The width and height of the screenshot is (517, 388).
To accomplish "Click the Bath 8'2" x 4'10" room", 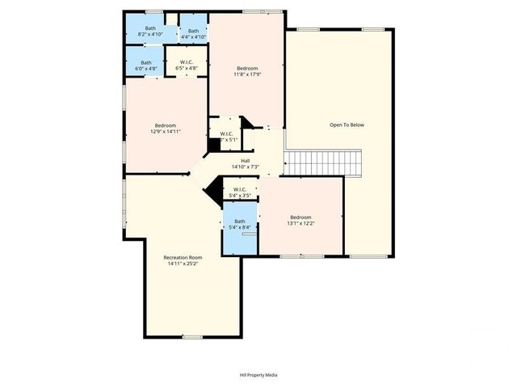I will (151, 32).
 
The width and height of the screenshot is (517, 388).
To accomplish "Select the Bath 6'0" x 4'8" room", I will (146, 65).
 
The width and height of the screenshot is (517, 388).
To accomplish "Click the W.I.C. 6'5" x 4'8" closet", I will (187, 65).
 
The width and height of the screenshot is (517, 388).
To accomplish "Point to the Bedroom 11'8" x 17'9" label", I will (247, 67).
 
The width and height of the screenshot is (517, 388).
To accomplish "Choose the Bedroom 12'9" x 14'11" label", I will (166, 124).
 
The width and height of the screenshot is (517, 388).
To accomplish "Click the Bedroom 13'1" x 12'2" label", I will (301, 217).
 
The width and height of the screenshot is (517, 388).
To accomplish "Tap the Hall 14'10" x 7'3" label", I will (245, 160).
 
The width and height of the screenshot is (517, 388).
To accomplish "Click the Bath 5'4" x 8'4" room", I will (240, 225).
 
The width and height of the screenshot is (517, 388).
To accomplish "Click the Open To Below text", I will (347, 124).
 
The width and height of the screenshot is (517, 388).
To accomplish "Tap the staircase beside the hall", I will (323, 163).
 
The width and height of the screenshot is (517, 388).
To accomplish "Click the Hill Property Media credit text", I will (258, 375).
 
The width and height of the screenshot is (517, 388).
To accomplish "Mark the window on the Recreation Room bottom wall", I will (192, 335).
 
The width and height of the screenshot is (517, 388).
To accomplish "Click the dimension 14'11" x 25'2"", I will (183, 264).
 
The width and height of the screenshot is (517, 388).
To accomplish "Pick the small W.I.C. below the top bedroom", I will (226, 137).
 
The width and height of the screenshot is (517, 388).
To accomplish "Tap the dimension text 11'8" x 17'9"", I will (247, 74).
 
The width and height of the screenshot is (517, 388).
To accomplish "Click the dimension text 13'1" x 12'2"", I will (301, 223).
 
